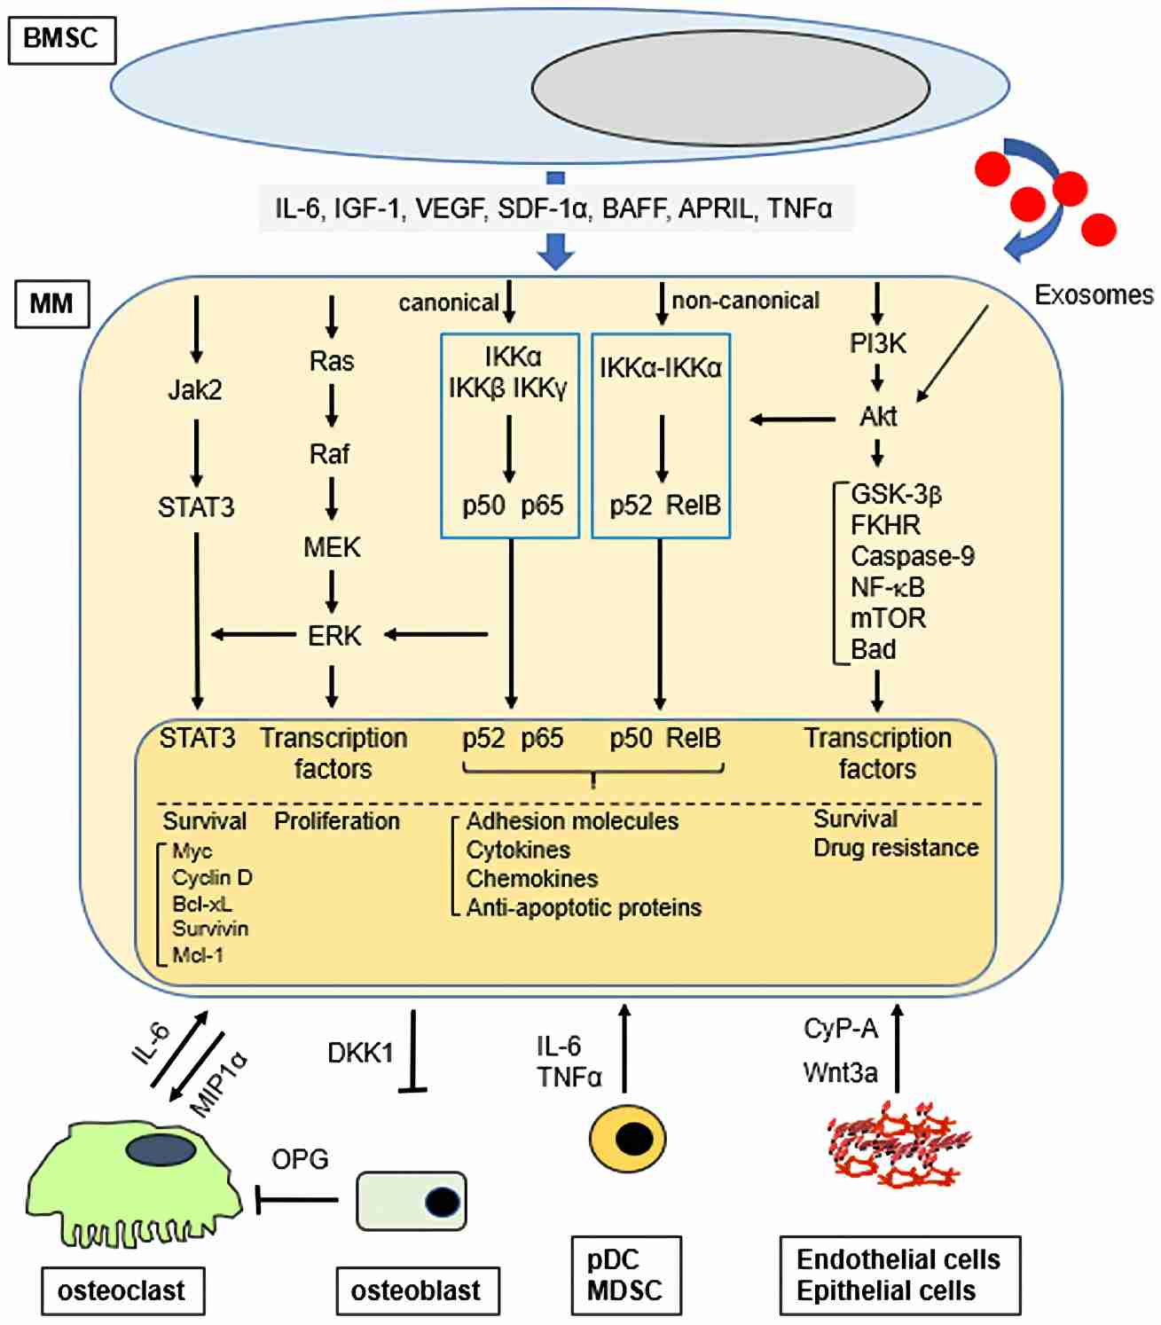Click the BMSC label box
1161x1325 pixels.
click(x=61, y=40)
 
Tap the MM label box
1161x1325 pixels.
click(x=51, y=304)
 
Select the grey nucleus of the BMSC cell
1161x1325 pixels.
click(x=730, y=88)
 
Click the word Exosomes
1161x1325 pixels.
click(x=1094, y=294)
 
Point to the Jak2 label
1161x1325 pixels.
click(x=195, y=389)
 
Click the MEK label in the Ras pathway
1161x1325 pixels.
click(x=332, y=547)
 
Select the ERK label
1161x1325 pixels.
click(x=334, y=636)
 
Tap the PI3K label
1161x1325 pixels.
click(x=877, y=343)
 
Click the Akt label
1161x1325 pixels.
click(x=878, y=416)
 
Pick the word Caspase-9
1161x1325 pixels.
click(x=912, y=556)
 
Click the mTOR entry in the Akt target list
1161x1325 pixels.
click(x=888, y=618)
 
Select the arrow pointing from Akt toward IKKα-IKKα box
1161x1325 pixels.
click(x=792, y=419)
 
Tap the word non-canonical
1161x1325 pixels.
click(x=745, y=301)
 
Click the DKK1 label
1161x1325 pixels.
click(x=360, y=1053)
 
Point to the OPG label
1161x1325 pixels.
click(x=300, y=1159)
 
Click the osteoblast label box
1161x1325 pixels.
click(x=417, y=1290)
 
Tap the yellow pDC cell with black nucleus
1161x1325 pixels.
click(x=627, y=1138)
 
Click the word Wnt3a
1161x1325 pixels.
click(x=840, y=1072)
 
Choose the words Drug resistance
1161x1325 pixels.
click(x=896, y=848)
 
